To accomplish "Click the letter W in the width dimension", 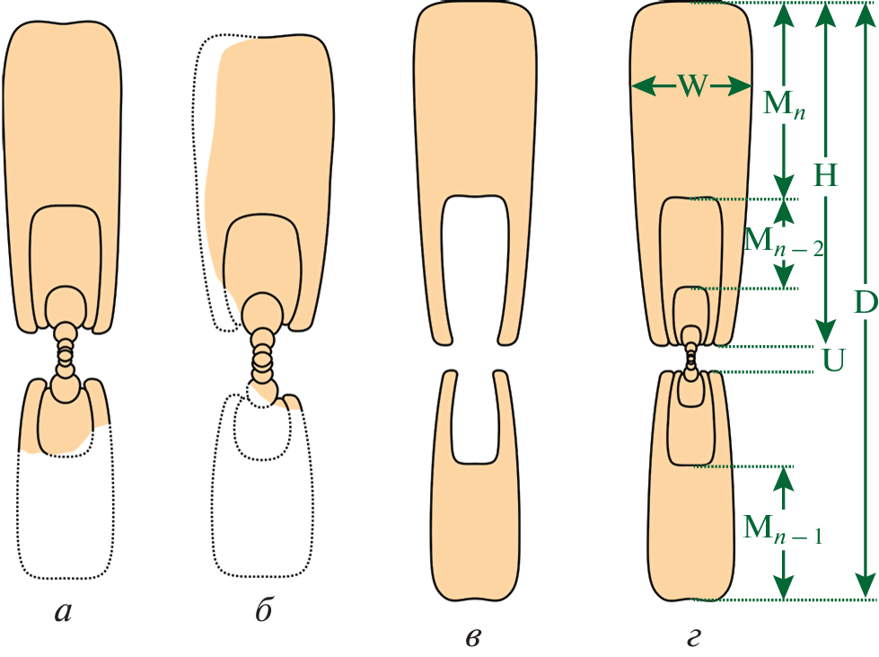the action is tap(692, 87).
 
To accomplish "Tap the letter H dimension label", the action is tap(825, 175).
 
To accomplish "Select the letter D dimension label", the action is tap(866, 303).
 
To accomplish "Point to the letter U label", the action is tap(833, 360).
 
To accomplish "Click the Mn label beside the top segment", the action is tap(784, 105).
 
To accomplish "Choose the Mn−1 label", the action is tap(783, 529).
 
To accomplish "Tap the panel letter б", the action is tap(264, 608).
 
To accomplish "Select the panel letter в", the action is tap(472, 637).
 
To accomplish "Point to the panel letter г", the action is tap(693, 637).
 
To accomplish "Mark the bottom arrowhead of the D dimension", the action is tap(866, 586).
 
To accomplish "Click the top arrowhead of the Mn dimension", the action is tap(784, 14).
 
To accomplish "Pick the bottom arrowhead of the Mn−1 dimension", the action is tap(784, 587).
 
